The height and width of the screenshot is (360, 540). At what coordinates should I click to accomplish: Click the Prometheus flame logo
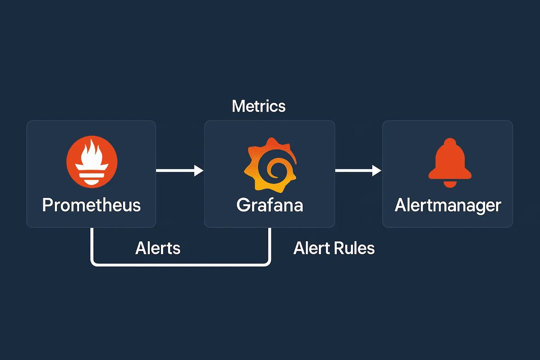[92, 162]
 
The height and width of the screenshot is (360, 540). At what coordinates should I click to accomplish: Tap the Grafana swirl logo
[270, 165]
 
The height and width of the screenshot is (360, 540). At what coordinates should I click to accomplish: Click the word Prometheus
[91, 205]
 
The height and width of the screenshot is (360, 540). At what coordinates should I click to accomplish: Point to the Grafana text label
[270, 205]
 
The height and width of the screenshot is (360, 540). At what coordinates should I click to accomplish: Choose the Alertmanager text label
[448, 205]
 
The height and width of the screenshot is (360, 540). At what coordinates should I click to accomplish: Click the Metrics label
[259, 106]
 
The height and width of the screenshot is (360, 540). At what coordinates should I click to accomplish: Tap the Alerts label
[158, 248]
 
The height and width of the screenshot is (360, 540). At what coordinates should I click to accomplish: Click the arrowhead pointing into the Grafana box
[199, 171]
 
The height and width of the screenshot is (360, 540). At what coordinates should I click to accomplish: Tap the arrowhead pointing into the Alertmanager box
[377, 171]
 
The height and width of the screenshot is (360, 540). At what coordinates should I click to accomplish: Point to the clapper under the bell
[450, 184]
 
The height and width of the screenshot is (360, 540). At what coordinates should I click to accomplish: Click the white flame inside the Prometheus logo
[92, 153]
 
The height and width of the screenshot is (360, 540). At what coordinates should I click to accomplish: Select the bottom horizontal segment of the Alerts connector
[181, 264]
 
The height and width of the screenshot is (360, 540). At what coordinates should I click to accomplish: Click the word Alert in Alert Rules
[309, 248]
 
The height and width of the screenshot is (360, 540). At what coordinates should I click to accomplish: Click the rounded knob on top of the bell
[450, 142]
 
